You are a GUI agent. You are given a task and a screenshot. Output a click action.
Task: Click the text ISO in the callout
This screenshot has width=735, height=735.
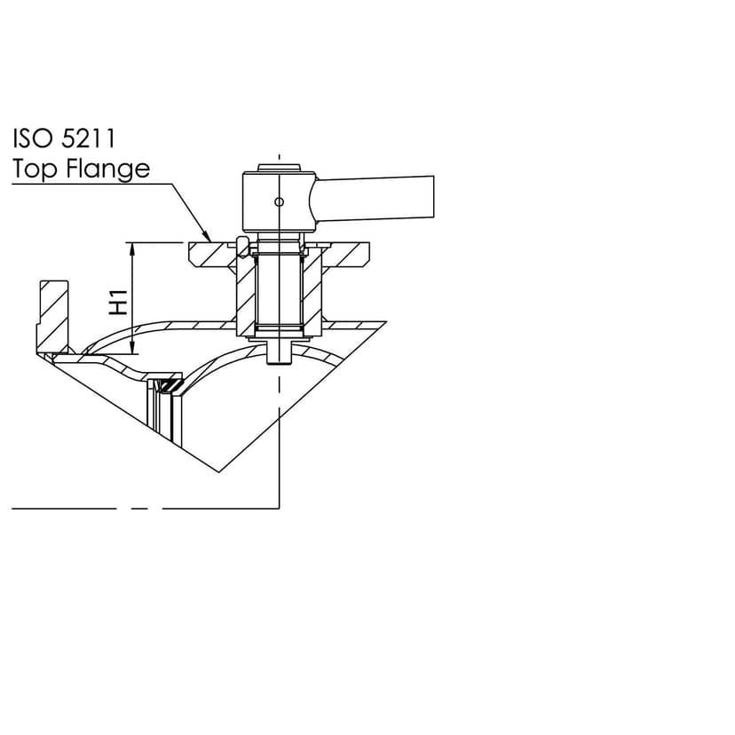coord(32,138)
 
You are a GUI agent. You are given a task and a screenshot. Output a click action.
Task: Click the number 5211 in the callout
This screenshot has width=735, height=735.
coord(88,138)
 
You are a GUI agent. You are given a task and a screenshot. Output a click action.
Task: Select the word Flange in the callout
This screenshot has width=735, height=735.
coord(108,169)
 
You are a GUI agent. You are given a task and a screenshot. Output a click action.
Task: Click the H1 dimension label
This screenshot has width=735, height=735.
coord(119,303)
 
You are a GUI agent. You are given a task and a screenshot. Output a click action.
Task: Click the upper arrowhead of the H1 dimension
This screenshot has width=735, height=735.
coord(133,249)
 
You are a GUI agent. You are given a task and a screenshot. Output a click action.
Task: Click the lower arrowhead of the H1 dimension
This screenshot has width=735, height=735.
coord(133,347)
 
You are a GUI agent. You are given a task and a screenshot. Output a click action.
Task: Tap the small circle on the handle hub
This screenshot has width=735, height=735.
coord(279,202)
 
